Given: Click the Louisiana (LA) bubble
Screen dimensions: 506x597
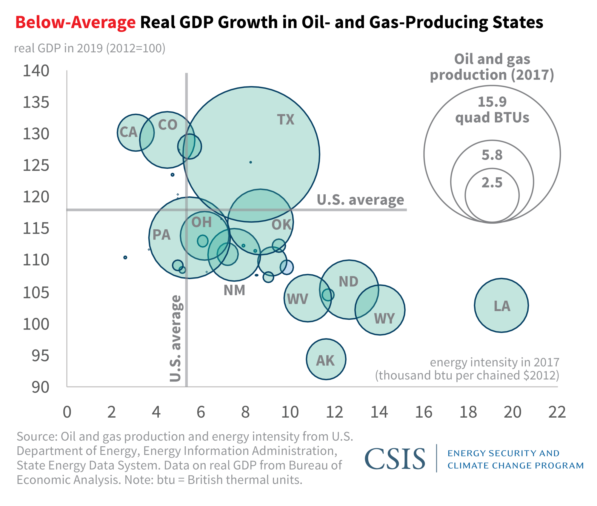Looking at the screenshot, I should click(x=501, y=305).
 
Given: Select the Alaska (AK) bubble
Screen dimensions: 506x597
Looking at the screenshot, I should click(x=326, y=359).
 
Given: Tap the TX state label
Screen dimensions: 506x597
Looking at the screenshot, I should click(x=286, y=120).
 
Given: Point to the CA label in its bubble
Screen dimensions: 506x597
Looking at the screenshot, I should click(x=129, y=132).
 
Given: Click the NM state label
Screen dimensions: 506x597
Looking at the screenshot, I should click(x=235, y=290).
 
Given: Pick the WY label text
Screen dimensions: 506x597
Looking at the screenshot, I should click(x=384, y=319).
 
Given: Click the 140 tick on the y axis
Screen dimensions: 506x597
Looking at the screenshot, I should click(x=36, y=71).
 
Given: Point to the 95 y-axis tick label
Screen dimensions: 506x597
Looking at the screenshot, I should click(x=40, y=356).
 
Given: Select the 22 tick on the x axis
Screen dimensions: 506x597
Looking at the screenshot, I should click(x=557, y=412).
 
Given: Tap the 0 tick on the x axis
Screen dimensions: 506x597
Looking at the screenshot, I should click(x=67, y=412).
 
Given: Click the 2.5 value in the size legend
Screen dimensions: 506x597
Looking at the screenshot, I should click(x=492, y=182).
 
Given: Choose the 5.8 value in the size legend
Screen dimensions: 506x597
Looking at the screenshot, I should click(x=492, y=155).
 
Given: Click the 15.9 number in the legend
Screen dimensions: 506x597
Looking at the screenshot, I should click(x=492, y=102).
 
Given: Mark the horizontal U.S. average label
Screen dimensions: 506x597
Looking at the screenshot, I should click(x=360, y=200).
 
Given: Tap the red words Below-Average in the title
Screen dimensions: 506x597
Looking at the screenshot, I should click(x=76, y=22).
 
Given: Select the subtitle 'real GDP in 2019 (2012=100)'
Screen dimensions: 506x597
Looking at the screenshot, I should click(x=90, y=48).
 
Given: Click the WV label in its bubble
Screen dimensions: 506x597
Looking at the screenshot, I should click(x=297, y=299).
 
